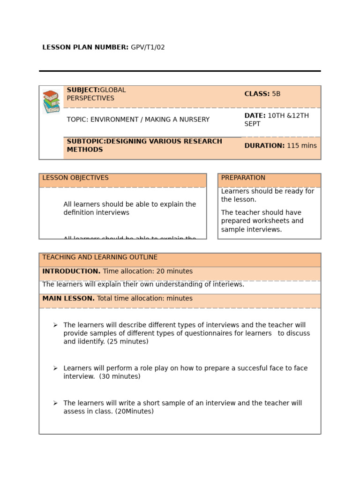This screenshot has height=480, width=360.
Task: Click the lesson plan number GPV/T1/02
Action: (x=148, y=47)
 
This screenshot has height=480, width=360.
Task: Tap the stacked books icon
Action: (x=51, y=102)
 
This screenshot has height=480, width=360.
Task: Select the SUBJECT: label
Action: (x=83, y=90)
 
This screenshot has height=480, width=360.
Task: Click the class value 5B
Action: (x=276, y=94)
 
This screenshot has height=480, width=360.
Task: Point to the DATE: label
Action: (x=255, y=116)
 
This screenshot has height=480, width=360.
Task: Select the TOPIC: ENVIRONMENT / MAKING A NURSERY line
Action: (x=138, y=120)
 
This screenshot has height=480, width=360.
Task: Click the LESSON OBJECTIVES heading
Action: (x=75, y=178)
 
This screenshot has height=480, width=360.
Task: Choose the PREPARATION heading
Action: (x=243, y=178)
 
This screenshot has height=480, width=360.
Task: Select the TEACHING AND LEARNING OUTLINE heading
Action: (x=100, y=257)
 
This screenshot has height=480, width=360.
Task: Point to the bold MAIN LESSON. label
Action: (x=68, y=299)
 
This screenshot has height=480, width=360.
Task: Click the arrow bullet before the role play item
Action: (x=55, y=368)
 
